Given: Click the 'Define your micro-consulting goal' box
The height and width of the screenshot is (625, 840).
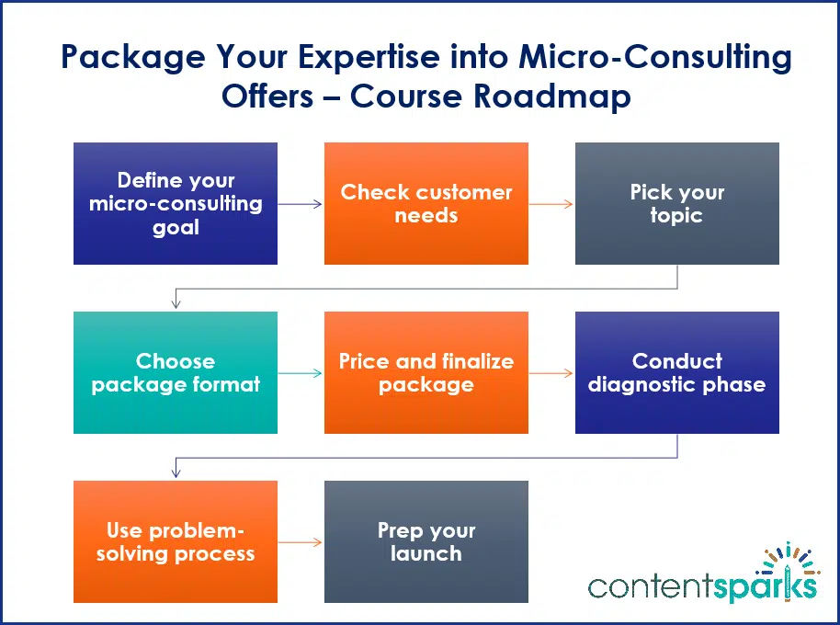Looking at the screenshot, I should tap(176, 203).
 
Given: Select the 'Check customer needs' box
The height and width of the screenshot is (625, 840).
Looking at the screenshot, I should tap(426, 203).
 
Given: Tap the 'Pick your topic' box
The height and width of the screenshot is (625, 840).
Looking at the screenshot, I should tap(677, 203).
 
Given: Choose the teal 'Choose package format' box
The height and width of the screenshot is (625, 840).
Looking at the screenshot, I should tap(176, 372).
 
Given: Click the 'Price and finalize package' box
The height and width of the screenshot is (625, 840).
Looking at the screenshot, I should tap(426, 372).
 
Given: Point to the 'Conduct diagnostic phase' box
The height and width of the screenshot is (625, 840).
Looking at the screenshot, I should tap(677, 372).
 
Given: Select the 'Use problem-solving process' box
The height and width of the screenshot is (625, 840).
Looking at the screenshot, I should tap(176, 541).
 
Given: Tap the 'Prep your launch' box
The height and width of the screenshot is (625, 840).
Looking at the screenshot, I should tap(426, 541).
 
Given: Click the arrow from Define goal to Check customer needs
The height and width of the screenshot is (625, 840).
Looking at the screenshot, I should tap(301, 204).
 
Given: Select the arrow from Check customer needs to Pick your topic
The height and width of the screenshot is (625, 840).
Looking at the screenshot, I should tap(551, 204).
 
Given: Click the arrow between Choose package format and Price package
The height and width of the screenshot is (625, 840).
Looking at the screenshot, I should tap(301, 373).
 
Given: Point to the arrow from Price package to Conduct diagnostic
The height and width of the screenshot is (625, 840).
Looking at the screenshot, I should tap(551, 373).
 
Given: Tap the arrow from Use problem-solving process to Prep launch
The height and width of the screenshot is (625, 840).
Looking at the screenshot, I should tap(301, 542).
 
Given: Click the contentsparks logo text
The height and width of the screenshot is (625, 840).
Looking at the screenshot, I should tap(702, 585).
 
